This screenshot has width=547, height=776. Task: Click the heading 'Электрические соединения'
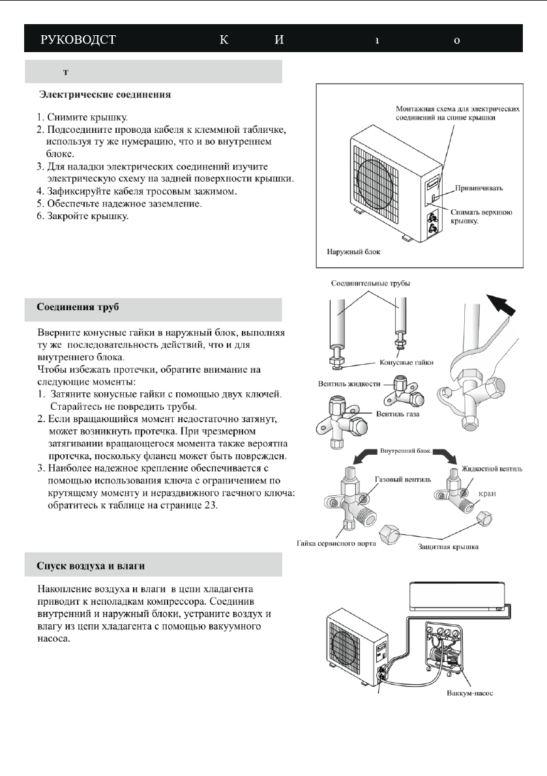[106, 95]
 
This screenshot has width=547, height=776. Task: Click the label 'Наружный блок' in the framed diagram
[352, 251]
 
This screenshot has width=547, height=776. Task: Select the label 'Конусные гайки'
[406, 362]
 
